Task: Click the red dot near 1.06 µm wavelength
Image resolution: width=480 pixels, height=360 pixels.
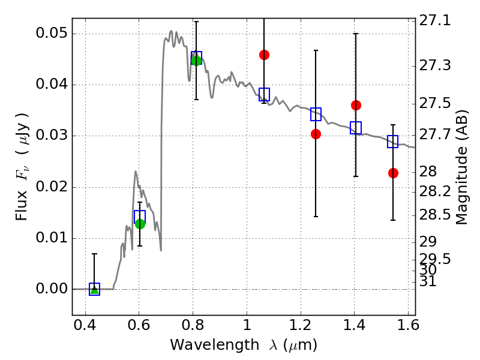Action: click(264, 55)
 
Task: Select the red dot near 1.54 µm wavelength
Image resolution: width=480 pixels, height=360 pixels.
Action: click(393, 173)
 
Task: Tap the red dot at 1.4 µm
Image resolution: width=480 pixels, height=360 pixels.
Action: click(356, 106)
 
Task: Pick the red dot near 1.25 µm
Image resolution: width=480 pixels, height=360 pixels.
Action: click(316, 134)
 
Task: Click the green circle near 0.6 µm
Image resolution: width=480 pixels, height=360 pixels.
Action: click(140, 224)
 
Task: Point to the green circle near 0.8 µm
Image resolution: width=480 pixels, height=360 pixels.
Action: click(196, 61)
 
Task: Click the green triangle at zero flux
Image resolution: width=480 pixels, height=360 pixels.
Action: click(95, 289)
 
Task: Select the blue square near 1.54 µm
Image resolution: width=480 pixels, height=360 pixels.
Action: click(392, 142)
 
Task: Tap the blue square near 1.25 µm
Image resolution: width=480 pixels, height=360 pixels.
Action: click(316, 114)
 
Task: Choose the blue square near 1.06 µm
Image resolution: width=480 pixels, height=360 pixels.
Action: click(264, 94)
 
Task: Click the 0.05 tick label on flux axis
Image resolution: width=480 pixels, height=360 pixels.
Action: click(52, 33)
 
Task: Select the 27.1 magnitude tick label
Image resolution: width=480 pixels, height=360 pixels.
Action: click(434, 21)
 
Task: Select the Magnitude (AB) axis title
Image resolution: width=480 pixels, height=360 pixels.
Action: click(462, 167)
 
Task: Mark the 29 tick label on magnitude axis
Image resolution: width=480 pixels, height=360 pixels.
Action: click(427, 242)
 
